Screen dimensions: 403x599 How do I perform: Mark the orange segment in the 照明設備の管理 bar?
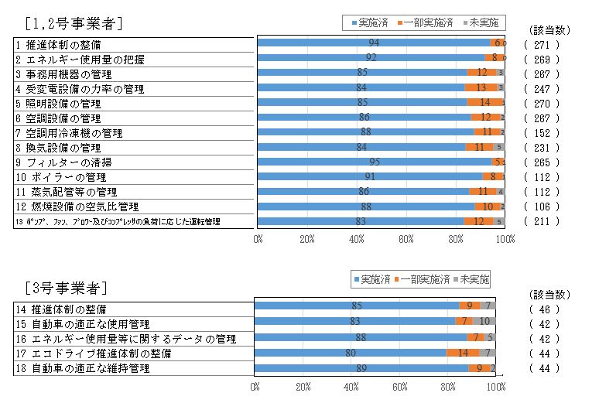[x=484, y=102]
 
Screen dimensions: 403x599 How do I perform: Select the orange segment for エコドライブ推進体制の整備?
[x=463, y=353]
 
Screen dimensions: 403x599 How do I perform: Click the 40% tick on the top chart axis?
[x=357, y=239]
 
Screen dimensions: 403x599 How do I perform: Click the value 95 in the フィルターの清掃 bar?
[x=374, y=162]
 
